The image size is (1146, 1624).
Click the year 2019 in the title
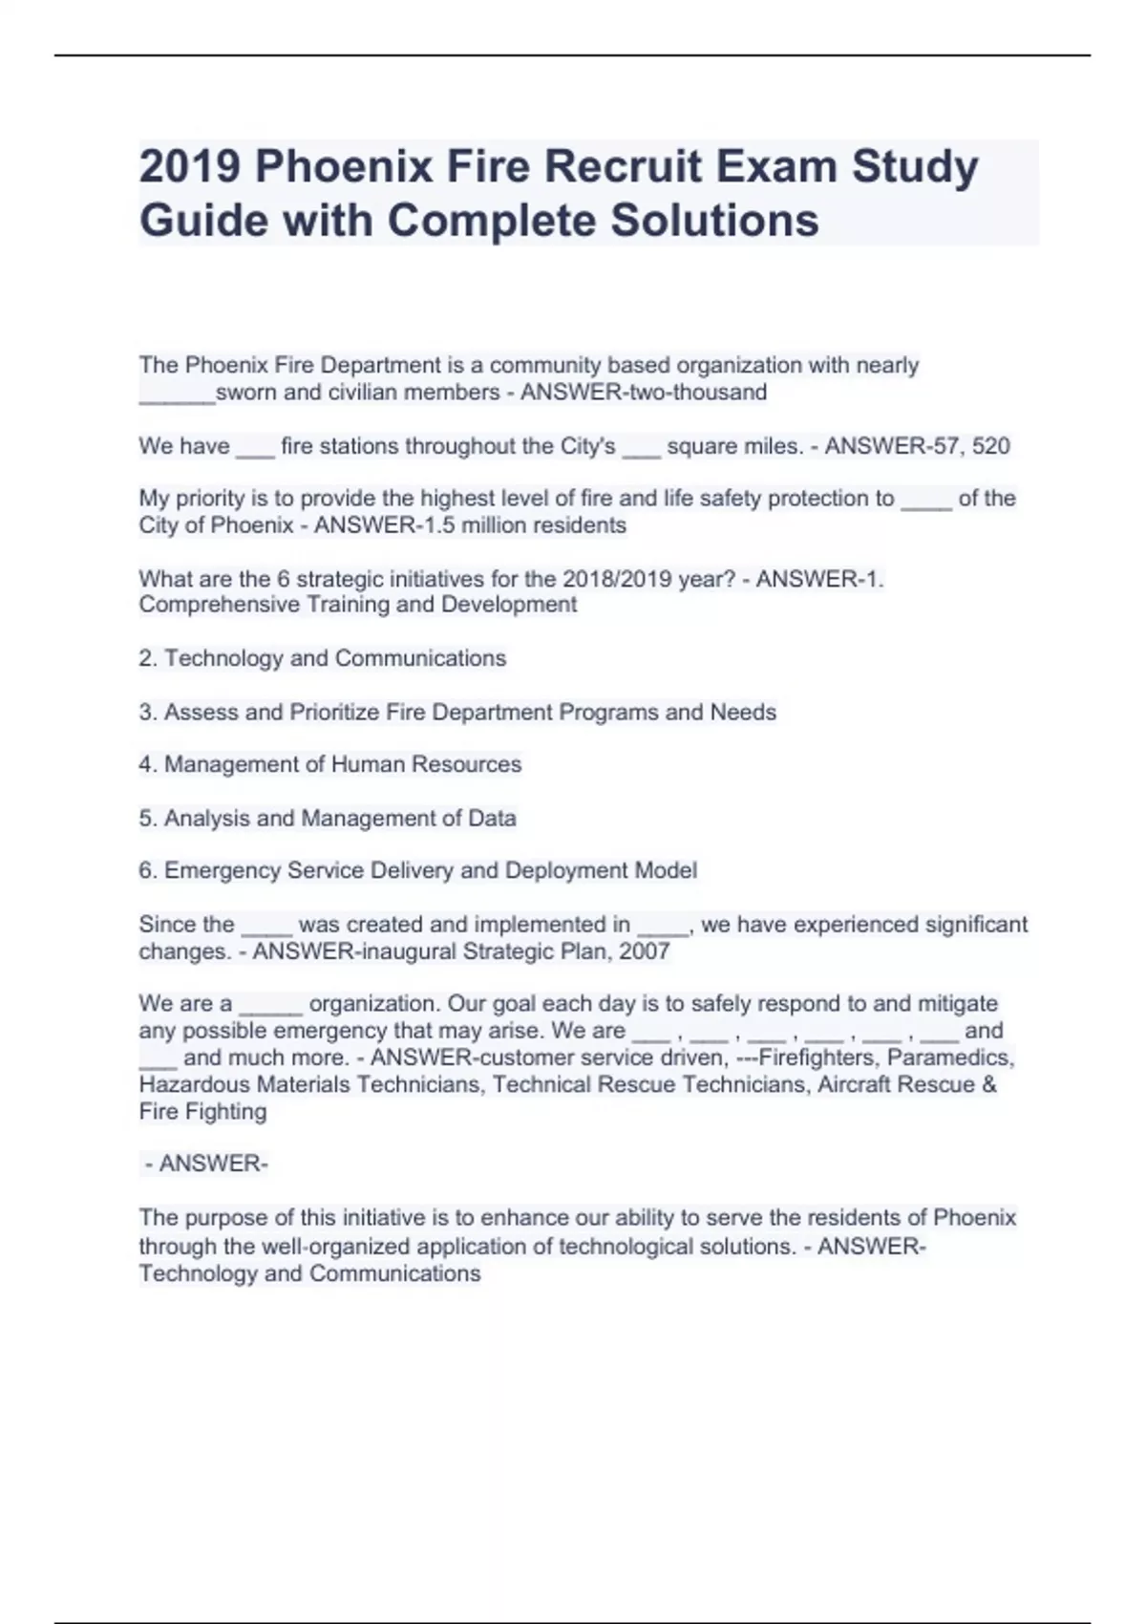click(x=189, y=167)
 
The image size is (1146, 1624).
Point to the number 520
click(x=991, y=446)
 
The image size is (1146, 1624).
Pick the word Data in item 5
click(x=492, y=819)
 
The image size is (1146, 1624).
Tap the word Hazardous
click(x=195, y=1085)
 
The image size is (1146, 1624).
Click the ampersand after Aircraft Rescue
click(x=988, y=1085)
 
